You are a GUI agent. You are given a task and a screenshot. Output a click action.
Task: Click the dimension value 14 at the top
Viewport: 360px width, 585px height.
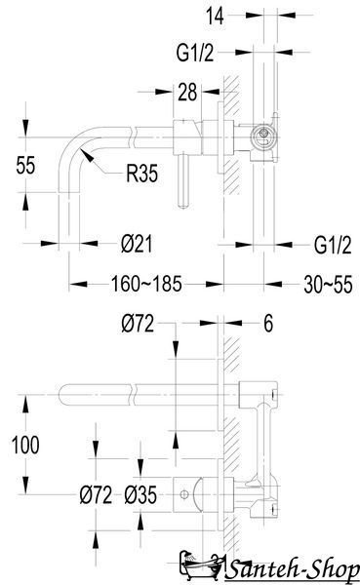pos(215,17)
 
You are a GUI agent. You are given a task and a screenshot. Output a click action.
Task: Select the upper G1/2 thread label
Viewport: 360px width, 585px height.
pos(195,53)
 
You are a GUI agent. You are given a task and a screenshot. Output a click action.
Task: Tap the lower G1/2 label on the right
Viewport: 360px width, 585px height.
pos(333,246)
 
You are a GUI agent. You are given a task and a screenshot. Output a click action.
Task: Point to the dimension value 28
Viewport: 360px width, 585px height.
pos(187,93)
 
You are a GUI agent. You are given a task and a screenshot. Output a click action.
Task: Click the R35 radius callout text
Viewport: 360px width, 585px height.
pos(141,174)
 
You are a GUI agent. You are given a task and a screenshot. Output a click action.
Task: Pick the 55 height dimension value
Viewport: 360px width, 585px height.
pos(25,166)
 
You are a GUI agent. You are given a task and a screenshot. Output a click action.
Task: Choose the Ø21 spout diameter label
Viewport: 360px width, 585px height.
pos(137,245)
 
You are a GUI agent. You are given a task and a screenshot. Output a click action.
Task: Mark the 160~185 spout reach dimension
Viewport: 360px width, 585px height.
pos(146,284)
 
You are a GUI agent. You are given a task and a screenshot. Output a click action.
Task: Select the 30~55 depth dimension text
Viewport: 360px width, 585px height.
pos(328,285)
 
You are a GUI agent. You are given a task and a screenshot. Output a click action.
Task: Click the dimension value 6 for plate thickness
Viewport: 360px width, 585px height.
pos(268,323)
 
